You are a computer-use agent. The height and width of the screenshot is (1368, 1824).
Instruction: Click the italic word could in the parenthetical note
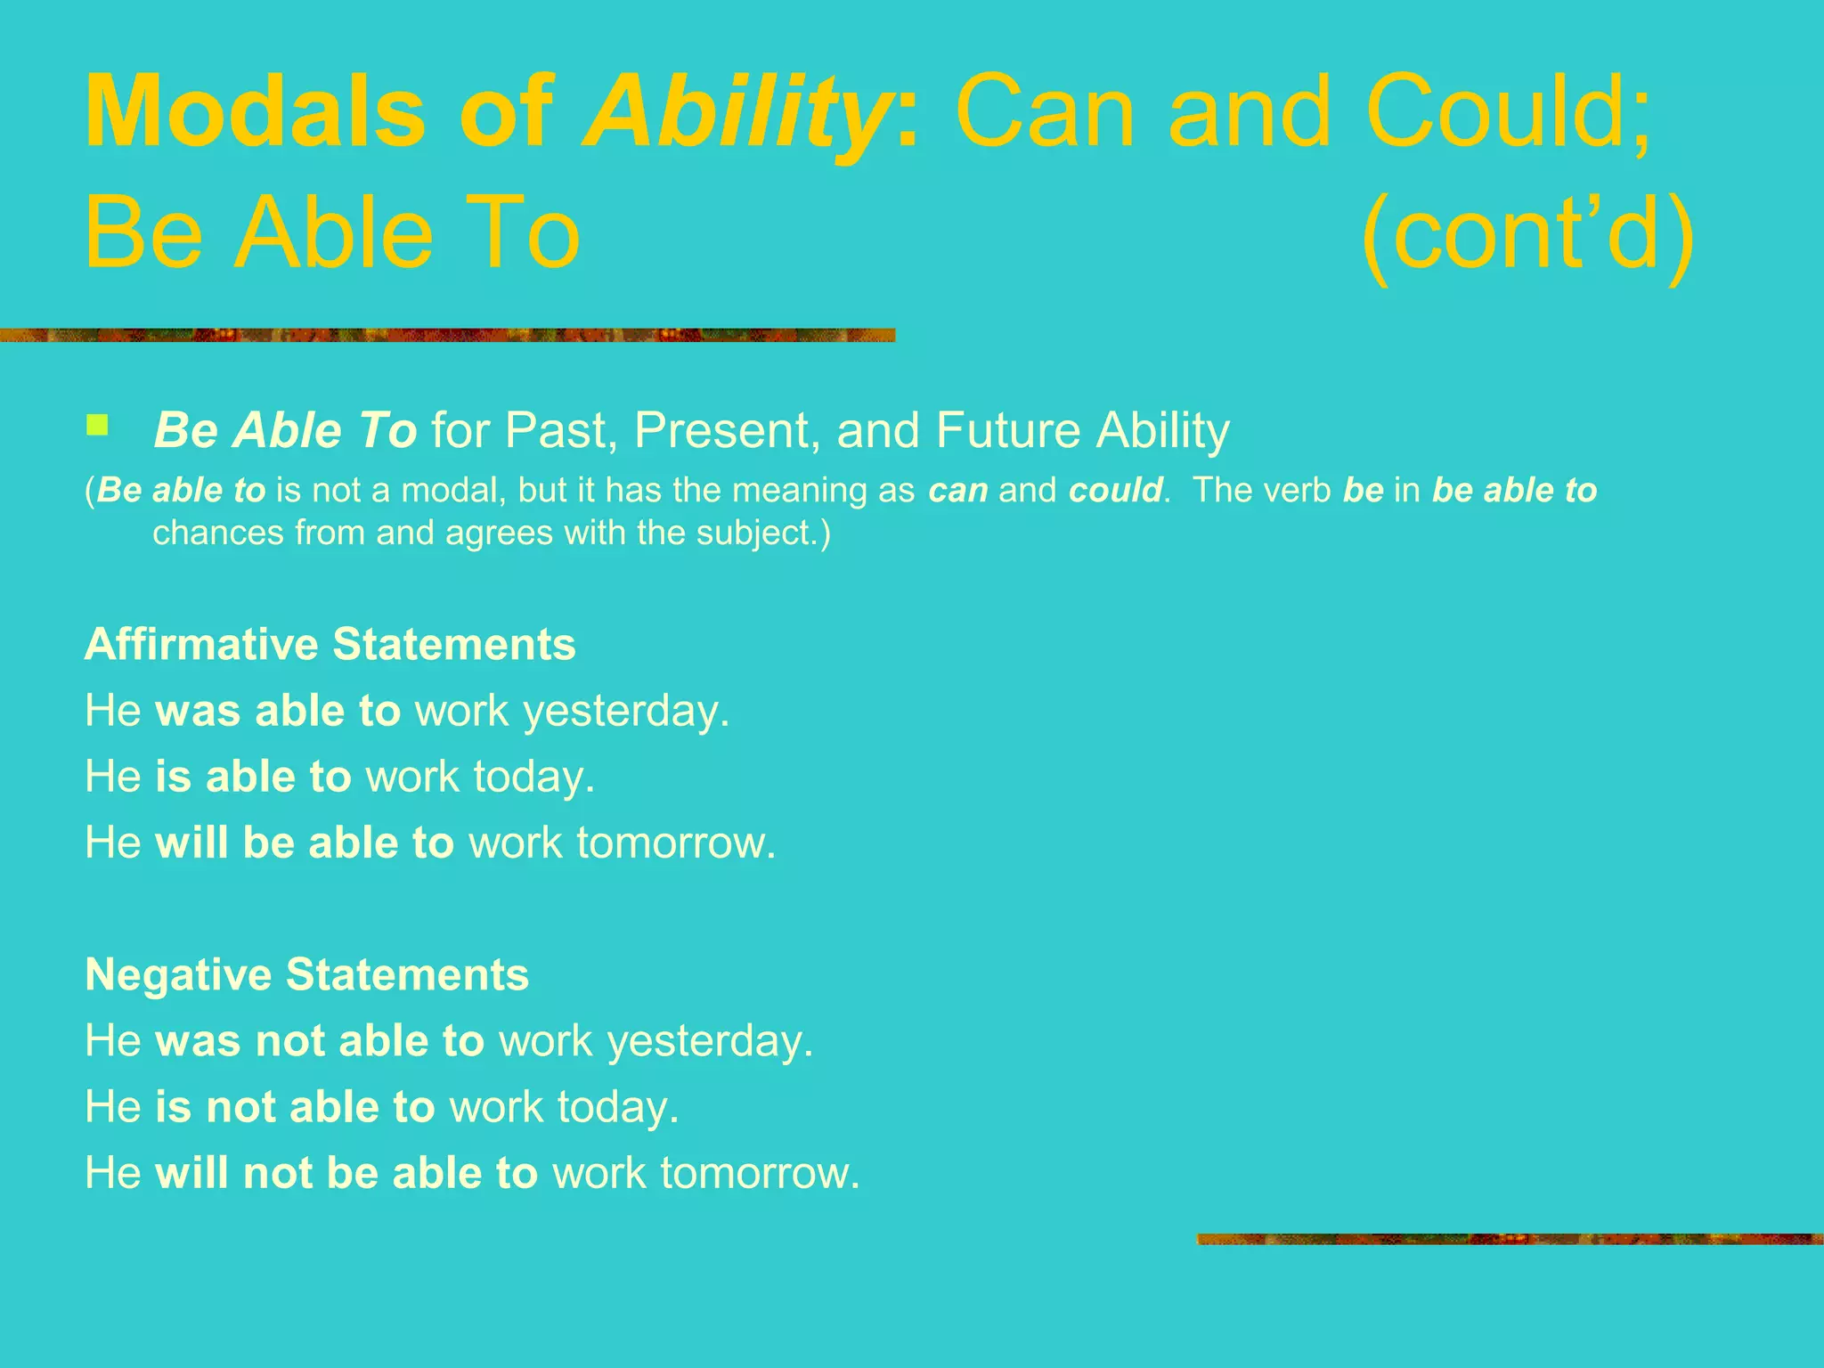[x=1115, y=490]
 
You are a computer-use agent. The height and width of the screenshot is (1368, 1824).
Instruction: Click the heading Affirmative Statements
[x=330, y=644]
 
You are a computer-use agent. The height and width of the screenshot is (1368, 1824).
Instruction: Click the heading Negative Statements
[x=306, y=973]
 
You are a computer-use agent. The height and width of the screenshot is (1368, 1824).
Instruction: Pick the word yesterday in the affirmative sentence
[x=625, y=712]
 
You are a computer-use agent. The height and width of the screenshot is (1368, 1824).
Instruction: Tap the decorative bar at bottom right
[x=1509, y=1239]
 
